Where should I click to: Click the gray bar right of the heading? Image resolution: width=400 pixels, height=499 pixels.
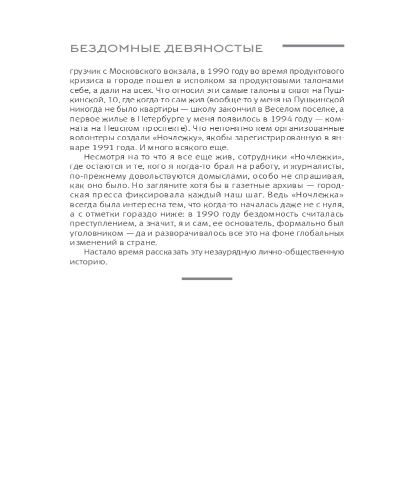pyautogui.click(x=313, y=46)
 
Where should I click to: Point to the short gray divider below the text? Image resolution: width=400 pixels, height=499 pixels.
pyautogui.click(x=206, y=278)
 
